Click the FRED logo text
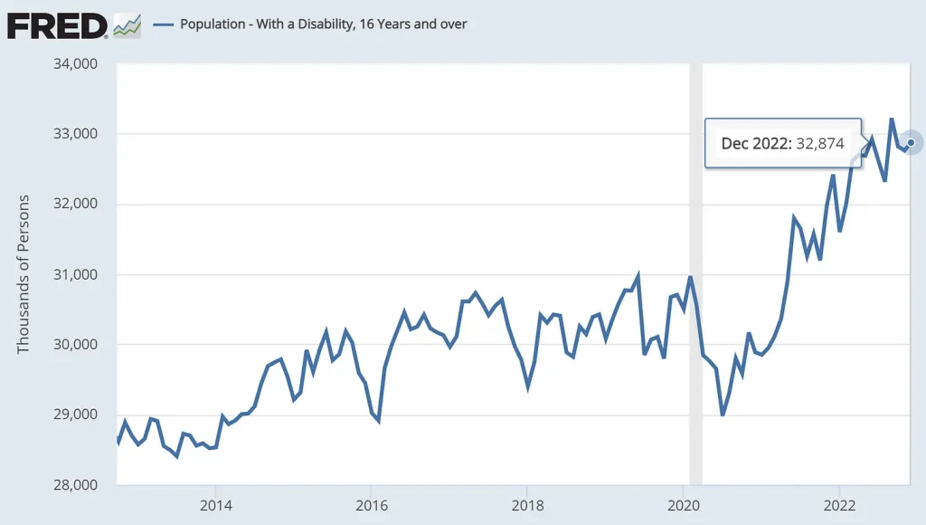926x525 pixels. pyautogui.click(x=57, y=25)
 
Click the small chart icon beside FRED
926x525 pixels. pyautogui.click(x=127, y=25)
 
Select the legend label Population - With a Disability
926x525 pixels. pyautogui.click(x=324, y=24)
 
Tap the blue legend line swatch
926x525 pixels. pyautogui.click(x=163, y=24)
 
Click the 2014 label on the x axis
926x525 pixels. pyautogui.click(x=214, y=504)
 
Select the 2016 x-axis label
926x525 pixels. pyautogui.click(x=371, y=504)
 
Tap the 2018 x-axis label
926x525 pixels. pyautogui.click(x=527, y=504)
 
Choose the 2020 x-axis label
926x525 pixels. pyautogui.click(x=684, y=504)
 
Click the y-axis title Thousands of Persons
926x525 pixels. pyautogui.click(x=24, y=274)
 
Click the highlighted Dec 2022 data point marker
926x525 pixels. pyautogui.click(x=911, y=142)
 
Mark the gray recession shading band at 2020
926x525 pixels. pyautogui.click(x=695, y=272)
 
